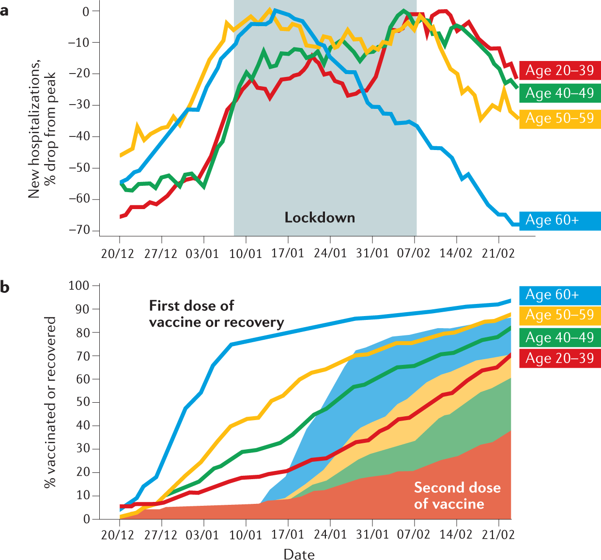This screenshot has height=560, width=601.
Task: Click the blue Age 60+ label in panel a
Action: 559,220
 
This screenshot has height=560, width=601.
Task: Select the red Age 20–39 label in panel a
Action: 559,70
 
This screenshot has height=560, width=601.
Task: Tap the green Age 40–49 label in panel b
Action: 559,337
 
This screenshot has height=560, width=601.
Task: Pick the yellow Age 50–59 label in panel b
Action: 559,315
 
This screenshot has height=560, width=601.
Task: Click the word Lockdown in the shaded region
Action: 320,218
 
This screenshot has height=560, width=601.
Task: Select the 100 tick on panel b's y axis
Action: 79,286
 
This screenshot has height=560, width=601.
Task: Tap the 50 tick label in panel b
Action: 83,402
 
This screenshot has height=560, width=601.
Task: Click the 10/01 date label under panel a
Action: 246,254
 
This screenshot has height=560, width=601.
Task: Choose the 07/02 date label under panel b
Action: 414,535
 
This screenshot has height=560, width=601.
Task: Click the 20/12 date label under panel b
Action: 118,535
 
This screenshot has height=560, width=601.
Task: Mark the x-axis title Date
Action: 299,554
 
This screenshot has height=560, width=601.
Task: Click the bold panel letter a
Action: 5,11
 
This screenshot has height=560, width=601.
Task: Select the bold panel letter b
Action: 5,287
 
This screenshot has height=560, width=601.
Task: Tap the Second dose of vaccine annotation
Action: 457,496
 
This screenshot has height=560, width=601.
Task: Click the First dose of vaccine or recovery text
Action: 216,314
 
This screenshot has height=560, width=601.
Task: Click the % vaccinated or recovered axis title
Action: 50,402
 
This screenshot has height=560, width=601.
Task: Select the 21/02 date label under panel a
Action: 498,254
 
